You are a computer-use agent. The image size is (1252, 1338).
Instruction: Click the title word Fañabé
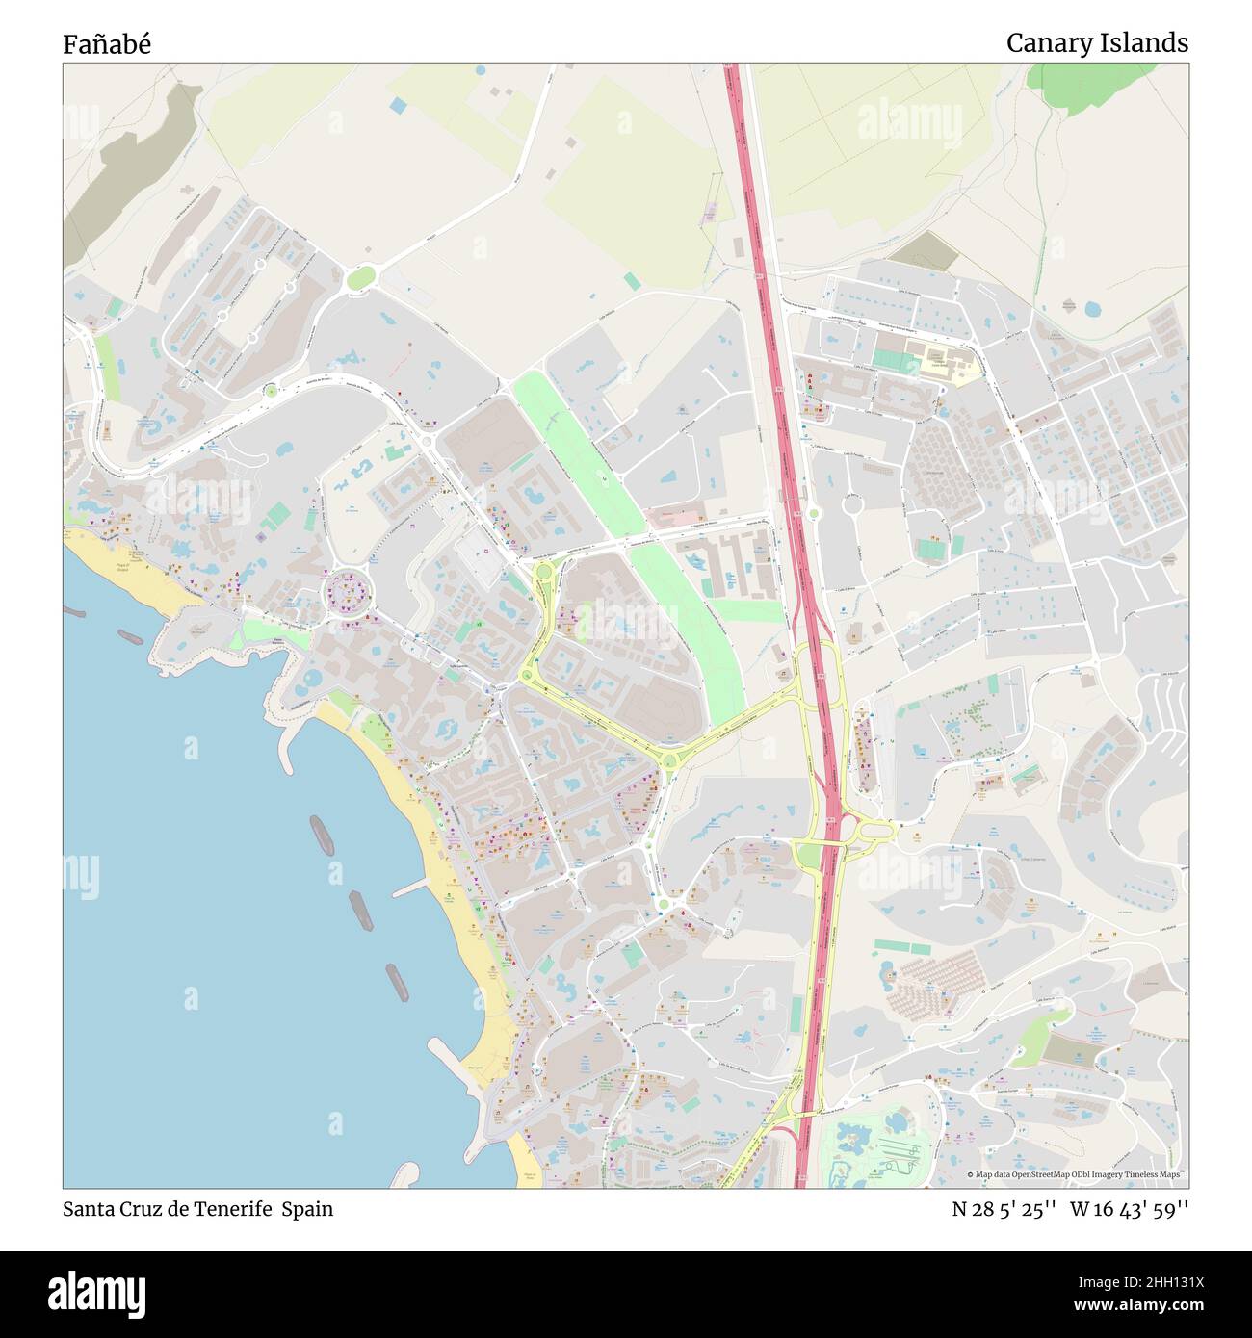pyautogui.click(x=107, y=44)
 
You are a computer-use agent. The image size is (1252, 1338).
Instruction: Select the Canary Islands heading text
pyautogui.click(x=1097, y=43)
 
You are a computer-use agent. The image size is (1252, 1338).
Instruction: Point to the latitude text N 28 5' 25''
pyautogui.click(x=1005, y=1209)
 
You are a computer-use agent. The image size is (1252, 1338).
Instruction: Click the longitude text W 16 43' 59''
pyautogui.click(x=1130, y=1209)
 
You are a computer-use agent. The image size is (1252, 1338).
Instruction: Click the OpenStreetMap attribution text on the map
pyautogui.click(x=1078, y=1174)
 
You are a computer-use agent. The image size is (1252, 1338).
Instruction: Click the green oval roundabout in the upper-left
pyautogui.click(x=360, y=278)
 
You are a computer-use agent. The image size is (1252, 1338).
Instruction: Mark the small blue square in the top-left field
pyautogui.click(x=399, y=104)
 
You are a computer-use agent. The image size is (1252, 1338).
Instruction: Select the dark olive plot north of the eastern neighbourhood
pyautogui.click(x=924, y=249)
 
